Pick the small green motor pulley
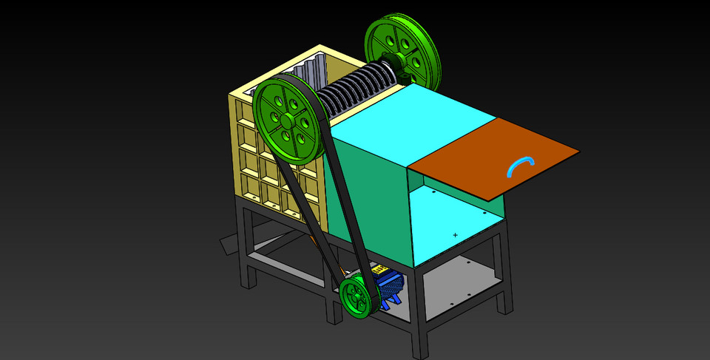pos(356,297)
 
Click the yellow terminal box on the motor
pos(379,270)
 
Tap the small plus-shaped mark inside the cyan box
pos(455,235)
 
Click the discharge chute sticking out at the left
pos(229,244)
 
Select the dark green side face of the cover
pos(370,200)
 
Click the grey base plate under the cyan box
pos(459,285)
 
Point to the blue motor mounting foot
pos(392,302)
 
